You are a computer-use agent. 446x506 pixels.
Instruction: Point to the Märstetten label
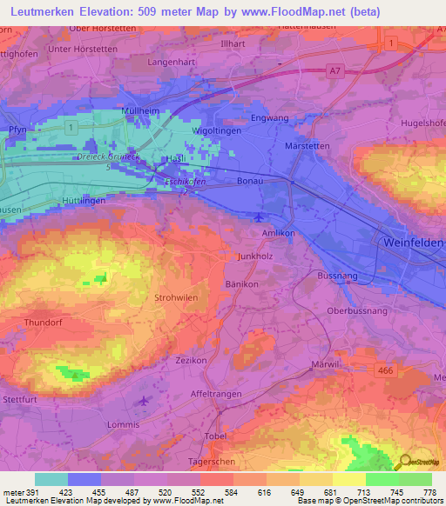(307, 146)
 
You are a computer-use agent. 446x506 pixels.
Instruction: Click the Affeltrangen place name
(215, 393)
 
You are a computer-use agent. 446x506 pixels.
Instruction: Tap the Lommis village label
(122, 424)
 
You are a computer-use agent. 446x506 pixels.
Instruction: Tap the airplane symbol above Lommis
(143, 401)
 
